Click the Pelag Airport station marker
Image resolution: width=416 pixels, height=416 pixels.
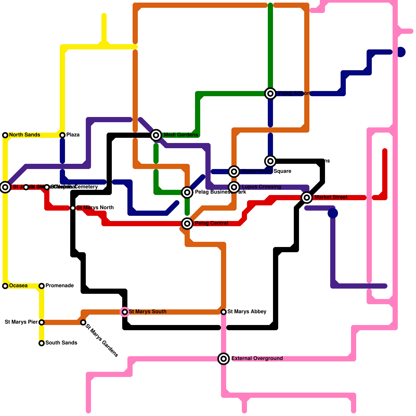pyautogui.click(x=270, y=93)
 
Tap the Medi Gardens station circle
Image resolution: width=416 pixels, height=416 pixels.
pyautogui.click(x=156, y=135)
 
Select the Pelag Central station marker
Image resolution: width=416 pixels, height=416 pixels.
pyautogui.click(x=187, y=223)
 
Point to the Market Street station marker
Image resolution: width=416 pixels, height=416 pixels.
pyautogui.click(x=307, y=197)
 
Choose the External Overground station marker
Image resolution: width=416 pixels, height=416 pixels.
pyautogui.click(x=224, y=359)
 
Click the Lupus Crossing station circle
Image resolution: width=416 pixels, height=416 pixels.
pyautogui.click(x=234, y=187)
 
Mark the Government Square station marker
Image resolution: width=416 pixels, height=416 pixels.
pyautogui.click(x=234, y=171)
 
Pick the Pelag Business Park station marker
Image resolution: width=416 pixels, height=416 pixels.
pyautogui.click(x=187, y=192)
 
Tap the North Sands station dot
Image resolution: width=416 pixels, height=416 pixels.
pyautogui.click(x=5, y=135)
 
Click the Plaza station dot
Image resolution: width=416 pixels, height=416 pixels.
pyautogui.click(x=62, y=135)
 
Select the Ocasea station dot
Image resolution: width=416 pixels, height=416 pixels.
pyautogui.click(x=5, y=286)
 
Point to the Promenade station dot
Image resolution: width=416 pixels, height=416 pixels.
pyautogui.click(x=42, y=286)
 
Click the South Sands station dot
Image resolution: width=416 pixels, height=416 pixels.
pyautogui.click(x=42, y=343)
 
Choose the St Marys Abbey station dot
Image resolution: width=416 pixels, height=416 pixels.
pyautogui.click(x=224, y=312)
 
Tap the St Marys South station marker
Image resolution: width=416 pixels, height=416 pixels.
pyautogui.click(x=125, y=312)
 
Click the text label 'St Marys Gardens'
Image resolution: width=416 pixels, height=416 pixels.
pyautogui.click(x=102, y=340)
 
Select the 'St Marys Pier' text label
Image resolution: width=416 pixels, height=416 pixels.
pyautogui.click(x=21, y=322)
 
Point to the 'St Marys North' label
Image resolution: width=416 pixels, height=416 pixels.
pyautogui.click(x=95, y=208)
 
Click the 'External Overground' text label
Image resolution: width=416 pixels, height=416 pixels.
pyautogui.click(x=257, y=359)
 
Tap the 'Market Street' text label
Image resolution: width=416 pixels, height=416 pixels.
pyautogui.click(x=331, y=197)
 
